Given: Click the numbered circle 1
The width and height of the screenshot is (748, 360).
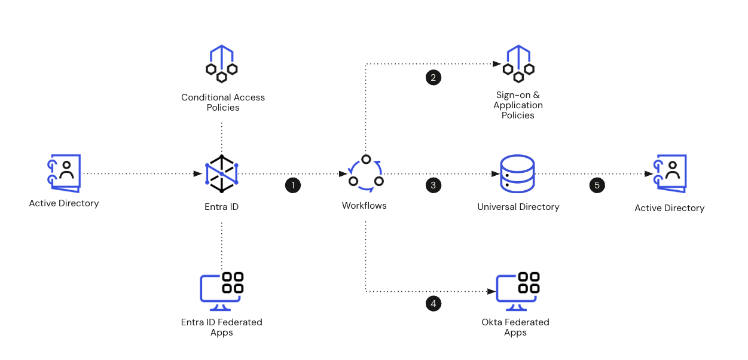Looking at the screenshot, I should tap(293, 185).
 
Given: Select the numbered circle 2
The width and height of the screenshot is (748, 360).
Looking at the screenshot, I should tap(433, 77).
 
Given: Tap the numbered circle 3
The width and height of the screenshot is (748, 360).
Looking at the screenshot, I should tap(433, 185).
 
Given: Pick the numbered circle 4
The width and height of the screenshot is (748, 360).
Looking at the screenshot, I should tap(433, 304).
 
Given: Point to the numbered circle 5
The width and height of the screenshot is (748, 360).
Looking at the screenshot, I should tap(597, 185).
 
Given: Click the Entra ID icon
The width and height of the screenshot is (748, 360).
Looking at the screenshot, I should tap(222, 174).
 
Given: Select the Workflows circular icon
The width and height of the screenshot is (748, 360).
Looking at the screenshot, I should tap(365, 174).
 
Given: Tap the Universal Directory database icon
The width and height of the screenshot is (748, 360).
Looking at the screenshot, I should tap(517, 173).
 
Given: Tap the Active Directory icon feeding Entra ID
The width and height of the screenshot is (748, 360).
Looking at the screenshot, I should tap(64, 173).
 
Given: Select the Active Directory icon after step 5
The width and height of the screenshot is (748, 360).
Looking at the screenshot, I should tap(670, 173).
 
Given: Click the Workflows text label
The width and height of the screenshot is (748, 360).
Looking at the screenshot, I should tap(364, 206).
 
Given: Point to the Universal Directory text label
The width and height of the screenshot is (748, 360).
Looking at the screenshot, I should tap(518, 207).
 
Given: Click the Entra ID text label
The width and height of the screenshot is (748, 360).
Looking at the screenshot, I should tap(222, 207).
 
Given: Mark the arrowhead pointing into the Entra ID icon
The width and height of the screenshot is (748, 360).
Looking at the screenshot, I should tap(198, 174).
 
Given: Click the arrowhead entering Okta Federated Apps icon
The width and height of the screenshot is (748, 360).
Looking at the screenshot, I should tap(492, 292).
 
